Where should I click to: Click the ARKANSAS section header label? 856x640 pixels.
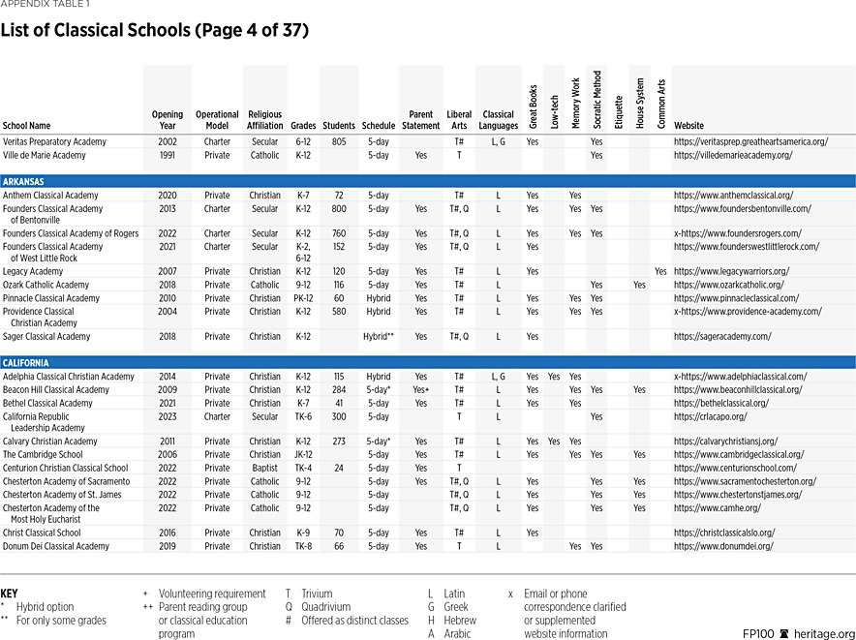(24, 181)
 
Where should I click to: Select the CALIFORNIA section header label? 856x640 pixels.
(26, 363)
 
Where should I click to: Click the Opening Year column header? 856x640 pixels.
(167, 120)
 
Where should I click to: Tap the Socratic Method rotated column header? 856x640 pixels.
(596, 99)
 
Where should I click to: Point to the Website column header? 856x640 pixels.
(689, 126)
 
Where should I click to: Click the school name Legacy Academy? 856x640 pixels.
(34, 272)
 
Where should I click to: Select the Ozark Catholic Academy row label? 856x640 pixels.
(46, 286)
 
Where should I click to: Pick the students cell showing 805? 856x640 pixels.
(339, 141)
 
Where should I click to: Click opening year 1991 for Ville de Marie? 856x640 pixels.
(167, 155)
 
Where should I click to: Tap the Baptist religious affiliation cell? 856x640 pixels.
(264, 469)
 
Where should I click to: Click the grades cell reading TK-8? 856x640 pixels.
(303, 546)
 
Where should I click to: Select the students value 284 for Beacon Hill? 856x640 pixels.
(339, 390)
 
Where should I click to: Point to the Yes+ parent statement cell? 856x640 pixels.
(420, 390)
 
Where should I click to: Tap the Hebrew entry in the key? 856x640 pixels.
(459, 621)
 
